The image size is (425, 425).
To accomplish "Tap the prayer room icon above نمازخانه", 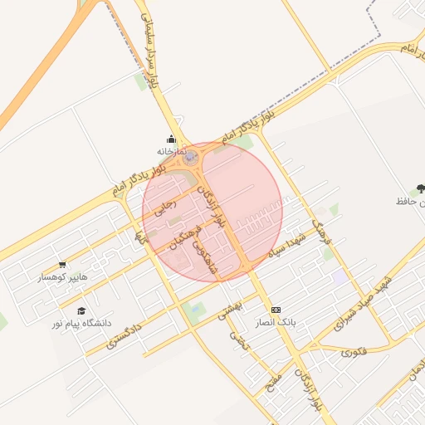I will (x=172, y=139).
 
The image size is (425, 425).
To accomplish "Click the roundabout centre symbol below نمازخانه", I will (x=191, y=156).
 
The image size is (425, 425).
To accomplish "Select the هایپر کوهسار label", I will (x=66, y=276).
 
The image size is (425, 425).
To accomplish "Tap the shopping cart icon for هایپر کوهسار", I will (x=62, y=265).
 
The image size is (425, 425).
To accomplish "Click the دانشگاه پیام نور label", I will (x=81, y=322).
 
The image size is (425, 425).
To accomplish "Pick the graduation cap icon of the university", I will (x=81, y=310).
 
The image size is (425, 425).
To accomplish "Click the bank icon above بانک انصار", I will (x=276, y=310).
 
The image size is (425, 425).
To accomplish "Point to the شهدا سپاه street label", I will (x=287, y=244).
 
